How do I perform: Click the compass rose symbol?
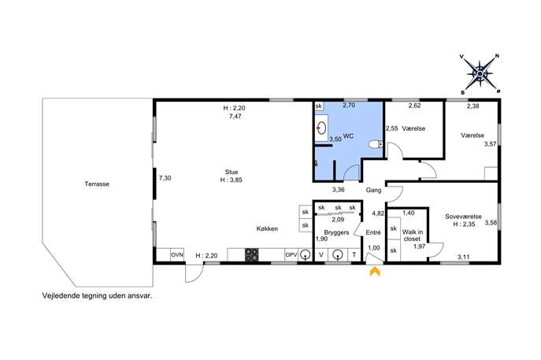tap(480, 74)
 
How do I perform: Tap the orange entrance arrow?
tap(375, 272)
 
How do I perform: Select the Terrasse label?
tap(97, 184)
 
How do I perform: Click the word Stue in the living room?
tap(232, 172)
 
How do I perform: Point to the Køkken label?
tap(267, 228)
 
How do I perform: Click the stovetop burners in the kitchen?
tap(252, 254)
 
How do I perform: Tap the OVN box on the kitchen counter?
tap(177, 254)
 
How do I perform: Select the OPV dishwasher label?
tap(291, 255)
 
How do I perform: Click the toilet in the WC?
tap(376, 144)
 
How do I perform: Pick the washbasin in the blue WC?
tap(321, 128)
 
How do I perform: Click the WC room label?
tap(349, 136)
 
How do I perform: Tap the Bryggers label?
tap(336, 232)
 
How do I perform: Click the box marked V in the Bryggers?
tap(321, 255)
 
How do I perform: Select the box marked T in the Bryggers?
tap(354, 255)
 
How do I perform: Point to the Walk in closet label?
tap(413, 235)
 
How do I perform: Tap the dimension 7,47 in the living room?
tap(235, 117)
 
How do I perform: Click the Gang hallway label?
tap(374, 190)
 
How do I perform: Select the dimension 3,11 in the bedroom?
tap(463, 257)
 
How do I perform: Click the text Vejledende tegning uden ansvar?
tap(97, 296)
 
